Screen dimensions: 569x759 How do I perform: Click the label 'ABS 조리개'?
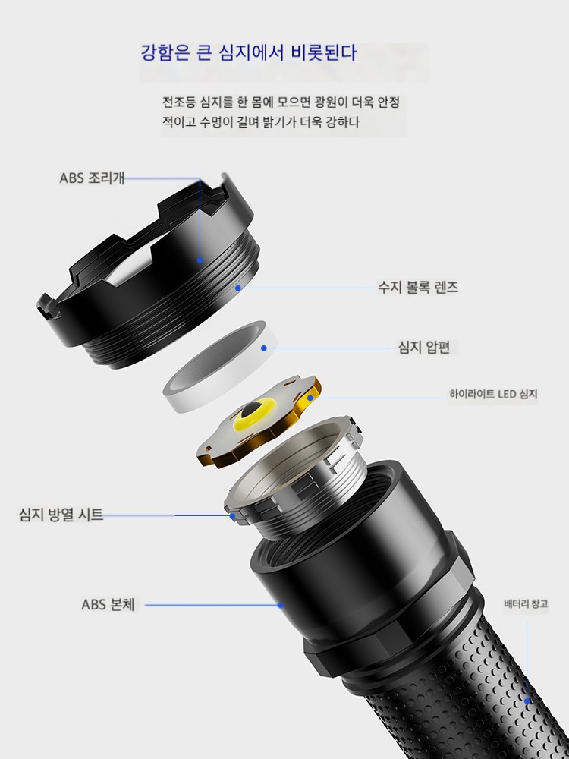[x=92, y=178]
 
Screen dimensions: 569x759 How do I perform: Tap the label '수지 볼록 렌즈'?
[x=418, y=288]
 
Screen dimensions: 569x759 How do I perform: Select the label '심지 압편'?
[x=424, y=347]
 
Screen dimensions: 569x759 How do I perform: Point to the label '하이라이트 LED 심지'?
[x=493, y=394]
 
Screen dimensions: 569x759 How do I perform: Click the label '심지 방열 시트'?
[x=61, y=514]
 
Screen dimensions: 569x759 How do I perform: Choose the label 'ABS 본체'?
[x=108, y=605]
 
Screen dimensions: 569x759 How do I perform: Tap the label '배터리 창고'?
[x=526, y=604]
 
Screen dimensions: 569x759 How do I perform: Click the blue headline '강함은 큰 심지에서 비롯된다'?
[x=249, y=53]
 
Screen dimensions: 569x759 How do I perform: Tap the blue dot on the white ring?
[x=264, y=348]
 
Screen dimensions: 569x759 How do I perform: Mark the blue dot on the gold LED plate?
[x=310, y=398]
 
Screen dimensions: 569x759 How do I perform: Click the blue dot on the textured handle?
[x=527, y=701]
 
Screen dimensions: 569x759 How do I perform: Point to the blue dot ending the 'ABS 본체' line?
[x=281, y=605]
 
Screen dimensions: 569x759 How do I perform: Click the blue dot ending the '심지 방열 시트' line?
[x=232, y=516]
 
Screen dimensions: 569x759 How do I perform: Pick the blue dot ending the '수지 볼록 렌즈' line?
[x=238, y=288]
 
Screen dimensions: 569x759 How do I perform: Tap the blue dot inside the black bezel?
[x=200, y=260]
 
